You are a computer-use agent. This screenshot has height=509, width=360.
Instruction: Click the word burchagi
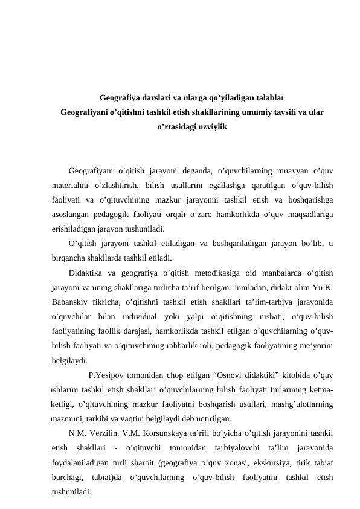[x=67, y=478]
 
